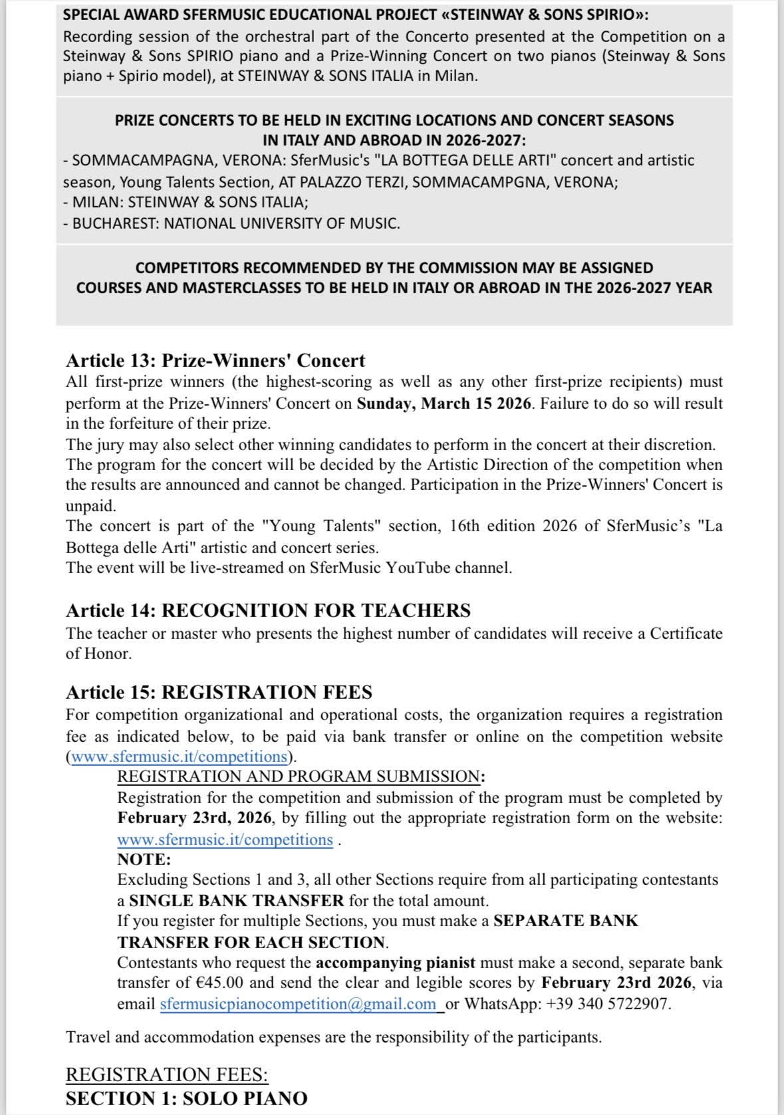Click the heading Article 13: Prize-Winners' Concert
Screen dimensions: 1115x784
pos(215,360)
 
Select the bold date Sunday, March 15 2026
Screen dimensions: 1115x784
pos(444,404)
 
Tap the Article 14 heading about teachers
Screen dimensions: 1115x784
pos(268,610)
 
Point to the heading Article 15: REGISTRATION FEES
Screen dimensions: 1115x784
pos(219,692)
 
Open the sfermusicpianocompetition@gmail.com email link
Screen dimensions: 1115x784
pos(298,1004)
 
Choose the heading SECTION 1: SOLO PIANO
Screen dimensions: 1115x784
pos(186,1098)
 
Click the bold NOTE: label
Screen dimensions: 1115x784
pos(144,859)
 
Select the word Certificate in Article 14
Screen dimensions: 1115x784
pos(686,633)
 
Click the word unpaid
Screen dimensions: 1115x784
pos(90,505)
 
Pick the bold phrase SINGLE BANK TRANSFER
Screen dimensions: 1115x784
pos(236,901)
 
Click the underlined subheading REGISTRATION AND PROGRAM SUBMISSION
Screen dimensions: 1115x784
pos(299,777)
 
